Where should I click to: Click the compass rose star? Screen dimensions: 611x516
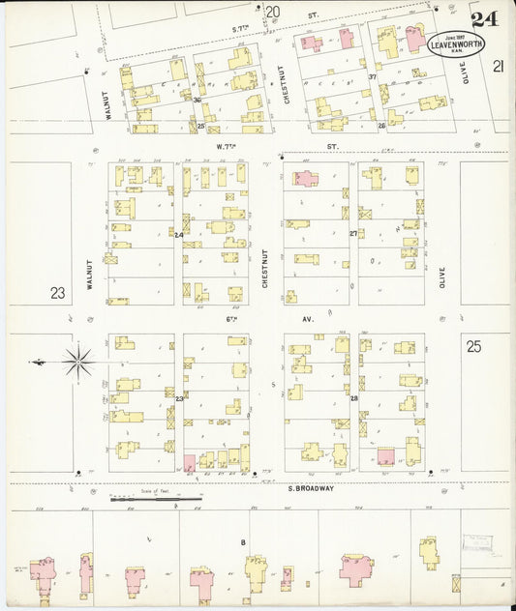(x=77, y=363)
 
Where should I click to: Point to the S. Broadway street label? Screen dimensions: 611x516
(x=311, y=488)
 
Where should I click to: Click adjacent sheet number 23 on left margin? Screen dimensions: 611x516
(x=59, y=292)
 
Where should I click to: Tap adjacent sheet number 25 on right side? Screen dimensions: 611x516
(x=472, y=345)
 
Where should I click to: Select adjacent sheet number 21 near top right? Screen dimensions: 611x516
(x=499, y=66)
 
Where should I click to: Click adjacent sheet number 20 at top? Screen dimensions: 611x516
(x=273, y=12)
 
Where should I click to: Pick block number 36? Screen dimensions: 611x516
(x=197, y=100)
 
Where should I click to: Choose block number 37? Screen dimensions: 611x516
(x=373, y=76)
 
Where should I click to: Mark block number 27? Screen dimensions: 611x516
(x=353, y=234)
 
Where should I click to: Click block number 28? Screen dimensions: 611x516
(x=353, y=398)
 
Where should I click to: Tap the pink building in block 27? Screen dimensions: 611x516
(x=304, y=179)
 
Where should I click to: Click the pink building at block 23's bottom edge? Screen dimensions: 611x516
(x=190, y=463)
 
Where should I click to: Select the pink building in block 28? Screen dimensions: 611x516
(x=385, y=456)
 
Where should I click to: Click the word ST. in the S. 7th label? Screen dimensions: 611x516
(x=313, y=15)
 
